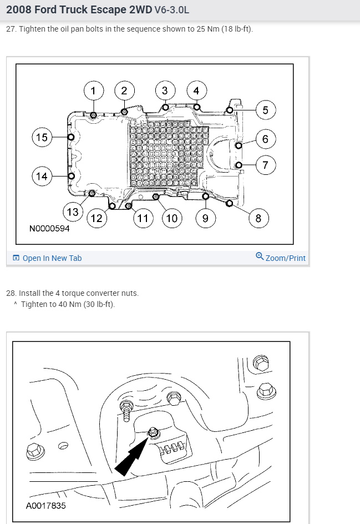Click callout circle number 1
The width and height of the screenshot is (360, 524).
coord(93,90)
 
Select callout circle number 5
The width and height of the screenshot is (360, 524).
coord(265,110)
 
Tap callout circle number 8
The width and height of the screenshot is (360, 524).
coord(258,218)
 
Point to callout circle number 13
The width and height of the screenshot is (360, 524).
coord(73,212)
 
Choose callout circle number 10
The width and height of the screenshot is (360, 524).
coord(172,218)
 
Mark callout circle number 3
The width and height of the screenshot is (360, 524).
coord(165,90)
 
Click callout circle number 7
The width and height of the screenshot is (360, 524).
coord(265,165)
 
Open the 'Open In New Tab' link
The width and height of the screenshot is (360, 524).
coord(52,258)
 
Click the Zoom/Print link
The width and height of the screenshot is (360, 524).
coord(285,258)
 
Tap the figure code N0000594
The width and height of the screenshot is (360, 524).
coord(50,229)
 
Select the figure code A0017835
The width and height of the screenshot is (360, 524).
coord(45,506)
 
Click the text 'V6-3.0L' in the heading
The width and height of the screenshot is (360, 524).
coord(172,9)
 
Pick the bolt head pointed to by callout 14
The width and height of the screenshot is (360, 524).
coord(71,176)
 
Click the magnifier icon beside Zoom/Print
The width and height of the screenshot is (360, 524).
coord(260,256)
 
